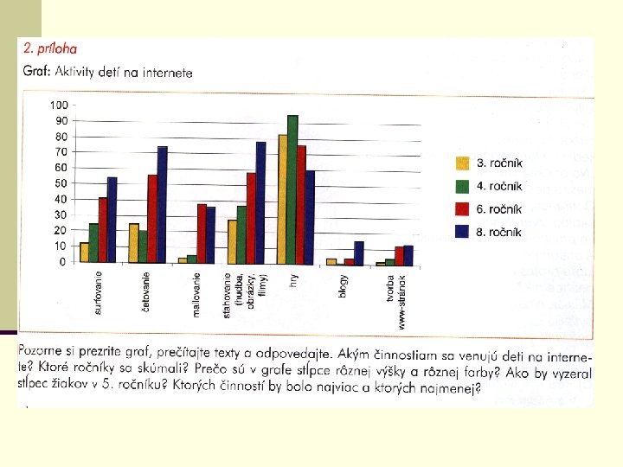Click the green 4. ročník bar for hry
(x=292, y=189)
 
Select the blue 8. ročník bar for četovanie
(x=162, y=204)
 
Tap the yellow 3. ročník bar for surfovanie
(x=84, y=253)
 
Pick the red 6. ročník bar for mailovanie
(x=202, y=233)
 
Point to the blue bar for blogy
(x=359, y=253)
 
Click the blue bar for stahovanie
(x=260, y=203)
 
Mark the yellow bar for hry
(x=283, y=200)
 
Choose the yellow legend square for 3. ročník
(x=462, y=163)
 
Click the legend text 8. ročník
(x=498, y=232)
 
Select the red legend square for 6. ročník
(x=462, y=209)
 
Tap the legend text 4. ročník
(x=499, y=186)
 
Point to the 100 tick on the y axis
(x=59, y=106)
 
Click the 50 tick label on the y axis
(x=61, y=183)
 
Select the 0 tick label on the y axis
(x=62, y=262)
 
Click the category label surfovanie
(x=98, y=292)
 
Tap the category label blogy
(x=343, y=285)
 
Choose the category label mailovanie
(x=196, y=295)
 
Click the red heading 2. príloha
(x=50, y=48)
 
